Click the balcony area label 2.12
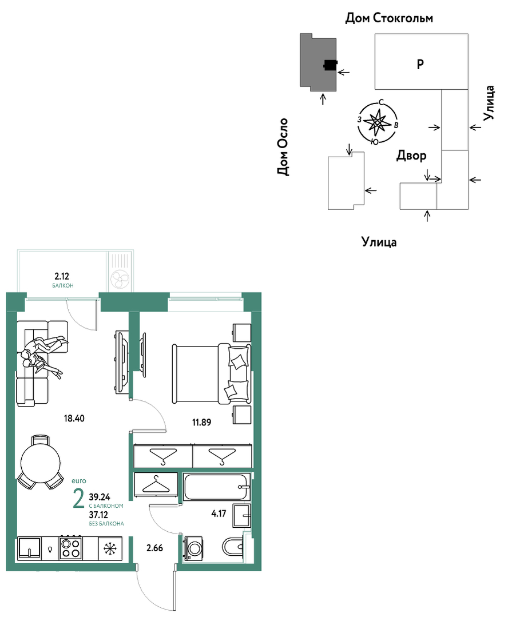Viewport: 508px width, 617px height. (62, 276)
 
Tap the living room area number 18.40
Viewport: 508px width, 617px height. (74, 418)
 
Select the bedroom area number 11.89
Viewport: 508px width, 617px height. (201, 422)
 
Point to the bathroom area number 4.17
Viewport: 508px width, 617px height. (219, 513)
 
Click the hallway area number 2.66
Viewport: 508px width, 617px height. (155, 548)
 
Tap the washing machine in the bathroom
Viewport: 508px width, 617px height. (193, 548)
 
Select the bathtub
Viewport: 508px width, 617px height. (217, 487)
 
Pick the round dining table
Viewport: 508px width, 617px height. (41, 461)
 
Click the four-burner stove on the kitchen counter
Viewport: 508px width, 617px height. (70, 548)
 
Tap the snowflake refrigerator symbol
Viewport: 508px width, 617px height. (109, 548)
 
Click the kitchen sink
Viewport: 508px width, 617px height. (30, 548)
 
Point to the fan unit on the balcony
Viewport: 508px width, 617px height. (120, 278)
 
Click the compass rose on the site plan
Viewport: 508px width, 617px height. (377, 122)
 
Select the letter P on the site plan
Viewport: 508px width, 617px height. (420, 63)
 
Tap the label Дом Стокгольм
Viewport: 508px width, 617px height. (389, 18)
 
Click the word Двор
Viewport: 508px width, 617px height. (411, 156)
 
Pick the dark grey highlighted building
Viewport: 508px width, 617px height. (318, 62)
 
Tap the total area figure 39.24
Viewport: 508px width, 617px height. (100, 497)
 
